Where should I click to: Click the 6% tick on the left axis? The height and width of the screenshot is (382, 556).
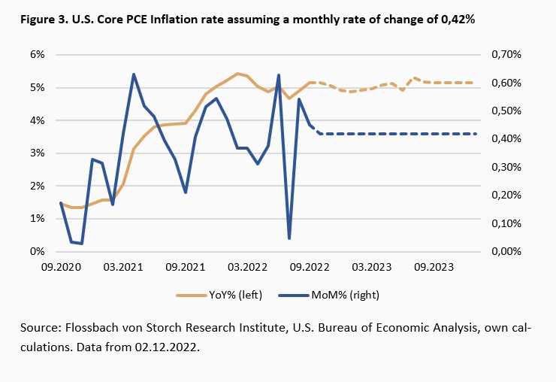coord(36,55)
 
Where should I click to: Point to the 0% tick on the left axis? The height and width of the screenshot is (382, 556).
coord(36,252)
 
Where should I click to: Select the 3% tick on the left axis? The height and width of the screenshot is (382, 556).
coord(36,153)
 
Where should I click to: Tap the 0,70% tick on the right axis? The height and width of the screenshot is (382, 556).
coord(506,55)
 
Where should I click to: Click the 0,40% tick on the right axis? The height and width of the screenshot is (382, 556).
coord(506,139)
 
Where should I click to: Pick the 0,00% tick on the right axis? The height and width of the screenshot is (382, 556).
coord(506,252)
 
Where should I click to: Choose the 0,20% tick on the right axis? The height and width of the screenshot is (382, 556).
coord(506,196)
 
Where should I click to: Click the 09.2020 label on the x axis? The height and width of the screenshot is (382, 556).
coord(61,267)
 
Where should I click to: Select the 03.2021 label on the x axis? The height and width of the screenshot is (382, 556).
coord(123,267)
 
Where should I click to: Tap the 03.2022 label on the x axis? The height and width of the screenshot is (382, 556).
coord(248,267)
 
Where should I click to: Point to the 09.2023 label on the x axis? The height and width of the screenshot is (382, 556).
coord(434,267)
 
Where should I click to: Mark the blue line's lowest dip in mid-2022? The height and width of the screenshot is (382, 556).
coord(289,238)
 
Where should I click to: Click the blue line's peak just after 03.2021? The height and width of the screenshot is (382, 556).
coord(134,74)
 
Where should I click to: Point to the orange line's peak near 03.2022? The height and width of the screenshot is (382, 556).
coord(237,74)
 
